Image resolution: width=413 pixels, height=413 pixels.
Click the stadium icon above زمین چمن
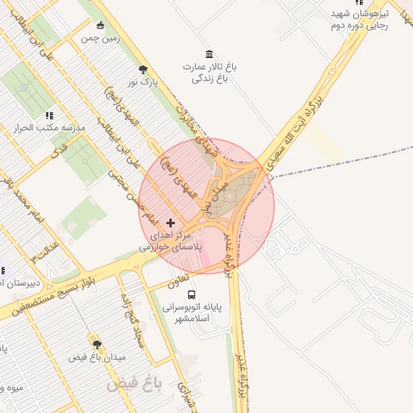pos(100,25)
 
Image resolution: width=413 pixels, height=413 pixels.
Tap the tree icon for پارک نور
pos(144,69)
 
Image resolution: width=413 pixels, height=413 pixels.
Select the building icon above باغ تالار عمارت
pos(210,54)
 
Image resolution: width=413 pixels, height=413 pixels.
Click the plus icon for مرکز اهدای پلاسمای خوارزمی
pos(169,222)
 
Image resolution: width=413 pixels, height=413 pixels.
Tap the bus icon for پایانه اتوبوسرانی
pos(191,295)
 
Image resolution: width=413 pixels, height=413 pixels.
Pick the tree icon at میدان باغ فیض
pos(97,344)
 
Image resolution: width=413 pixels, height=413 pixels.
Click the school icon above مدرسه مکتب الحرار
pos(49,116)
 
